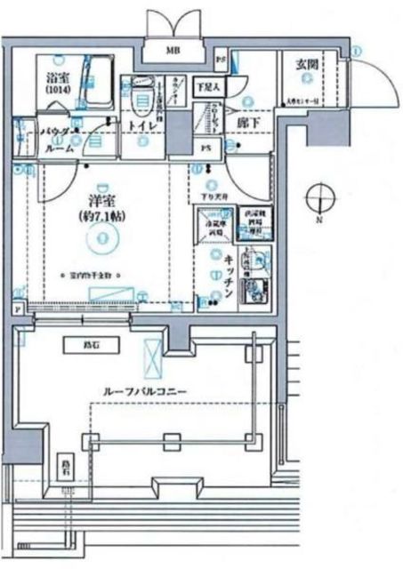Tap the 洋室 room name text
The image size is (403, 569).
click(x=103, y=201)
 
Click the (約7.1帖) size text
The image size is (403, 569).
click(x=103, y=217)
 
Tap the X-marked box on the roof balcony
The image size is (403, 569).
click(x=154, y=359)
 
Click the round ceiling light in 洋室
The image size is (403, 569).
click(x=104, y=236)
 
